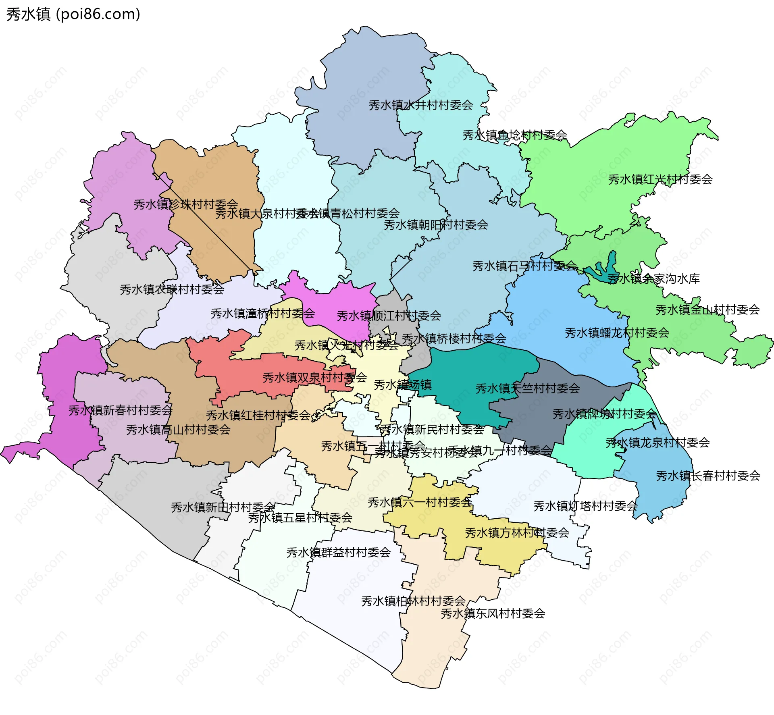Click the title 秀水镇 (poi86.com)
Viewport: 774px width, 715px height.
73,15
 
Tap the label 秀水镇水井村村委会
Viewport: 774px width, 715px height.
420,105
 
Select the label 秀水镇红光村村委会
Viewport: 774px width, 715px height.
660,179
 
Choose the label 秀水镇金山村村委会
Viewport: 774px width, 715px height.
707,310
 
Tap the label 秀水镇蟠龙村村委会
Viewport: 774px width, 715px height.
616,333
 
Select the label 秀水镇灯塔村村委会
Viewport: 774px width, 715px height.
585,506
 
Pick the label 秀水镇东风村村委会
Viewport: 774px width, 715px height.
493,613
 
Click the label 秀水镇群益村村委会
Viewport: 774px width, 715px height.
338,552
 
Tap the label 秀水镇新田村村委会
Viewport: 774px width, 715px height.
223,507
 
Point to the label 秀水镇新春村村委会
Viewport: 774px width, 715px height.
120,410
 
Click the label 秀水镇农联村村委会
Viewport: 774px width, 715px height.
172,289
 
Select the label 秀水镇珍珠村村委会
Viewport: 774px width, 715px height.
185,204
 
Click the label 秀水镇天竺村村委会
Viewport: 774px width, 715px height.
527,389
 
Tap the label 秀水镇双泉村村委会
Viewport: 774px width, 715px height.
314,378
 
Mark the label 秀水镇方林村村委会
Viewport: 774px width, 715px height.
517,533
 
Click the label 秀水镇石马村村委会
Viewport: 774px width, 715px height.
524,266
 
